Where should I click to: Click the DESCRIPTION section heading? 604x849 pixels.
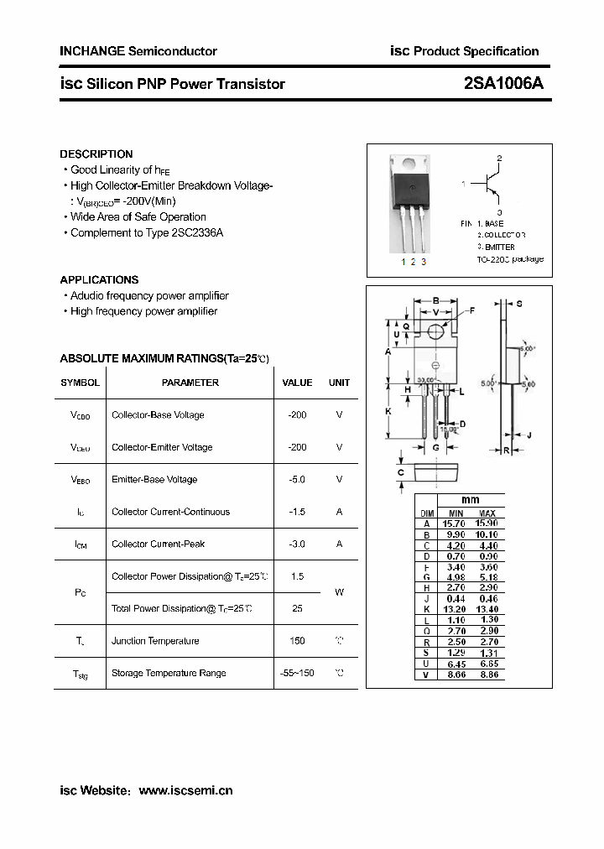click(x=96, y=154)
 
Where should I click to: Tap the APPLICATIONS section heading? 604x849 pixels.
click(x=99, y=280)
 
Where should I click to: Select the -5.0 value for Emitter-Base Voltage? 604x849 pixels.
click(x=296, y=480)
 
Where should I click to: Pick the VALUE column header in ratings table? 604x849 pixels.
click(x=297, y=383)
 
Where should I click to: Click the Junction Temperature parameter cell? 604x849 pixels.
click(x=155, y=641)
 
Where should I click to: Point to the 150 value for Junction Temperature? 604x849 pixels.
click(x=297, y=641)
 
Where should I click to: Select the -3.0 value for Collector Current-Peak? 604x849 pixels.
click(x=296, y=544)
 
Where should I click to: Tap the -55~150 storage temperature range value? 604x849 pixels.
click(x=297, y=674)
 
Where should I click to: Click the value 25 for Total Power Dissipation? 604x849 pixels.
click(x=297, y=609)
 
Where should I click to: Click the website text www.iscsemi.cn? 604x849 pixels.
click(x=185, y=790)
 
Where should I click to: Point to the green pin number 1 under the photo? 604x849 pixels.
click(x=403, y=263)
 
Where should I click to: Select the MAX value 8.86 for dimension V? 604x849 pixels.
click(x=487, y=675)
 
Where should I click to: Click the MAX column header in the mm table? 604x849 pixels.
click(x=487, y=513)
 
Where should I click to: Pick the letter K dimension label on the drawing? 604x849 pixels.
click(x=388, y=411)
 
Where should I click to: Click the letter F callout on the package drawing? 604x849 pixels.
click(x=471, y=311)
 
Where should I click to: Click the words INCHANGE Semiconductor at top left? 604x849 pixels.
click(x=138, y=51)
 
